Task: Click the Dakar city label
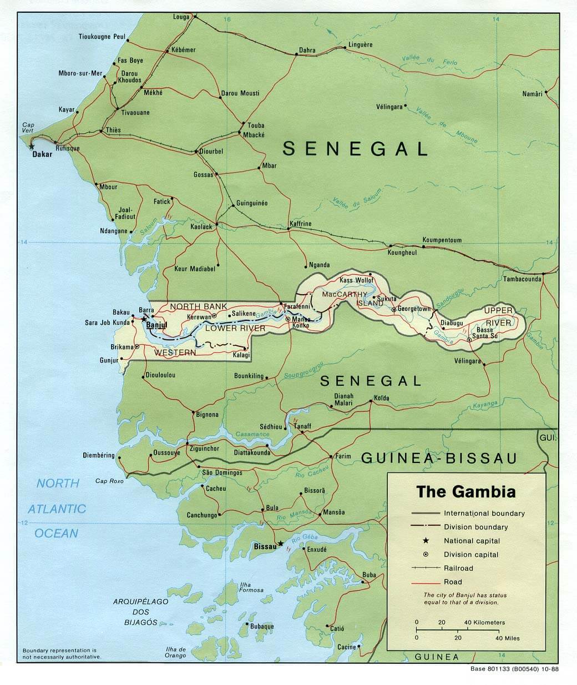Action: [42, 154]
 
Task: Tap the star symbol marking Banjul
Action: [144, 319]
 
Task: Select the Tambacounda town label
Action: [522, 279]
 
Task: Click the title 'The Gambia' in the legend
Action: [466, 492]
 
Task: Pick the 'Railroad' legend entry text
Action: [458, 568]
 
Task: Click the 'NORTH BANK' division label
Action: [198, 306]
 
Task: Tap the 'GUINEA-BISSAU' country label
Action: [439, 458]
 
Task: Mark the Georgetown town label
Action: [414, 309]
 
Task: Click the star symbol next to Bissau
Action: [281, 543]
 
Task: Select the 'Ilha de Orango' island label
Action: [175, 652]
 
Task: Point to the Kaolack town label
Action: [201, 226]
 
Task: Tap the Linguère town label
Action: [361, 44]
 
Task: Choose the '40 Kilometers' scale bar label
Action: [484, 622]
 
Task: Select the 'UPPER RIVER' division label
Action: [498, 316]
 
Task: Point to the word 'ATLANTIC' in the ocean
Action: [57, 508]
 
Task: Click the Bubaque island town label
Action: [262, 626]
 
